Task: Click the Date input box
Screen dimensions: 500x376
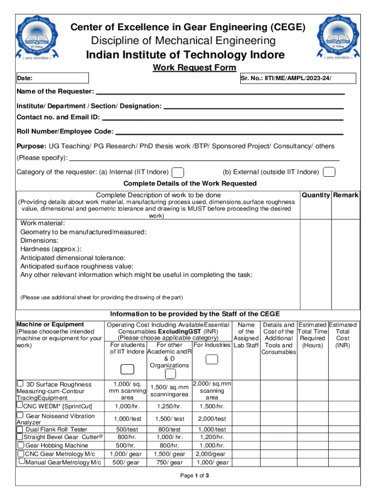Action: point(53,78)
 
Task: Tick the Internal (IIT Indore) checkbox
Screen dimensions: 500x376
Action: point(179,172)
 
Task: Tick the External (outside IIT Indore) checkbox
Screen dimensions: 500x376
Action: point(330,172)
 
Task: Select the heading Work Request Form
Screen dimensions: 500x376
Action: point(194,68)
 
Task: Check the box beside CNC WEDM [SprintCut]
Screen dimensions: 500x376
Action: point(20,405)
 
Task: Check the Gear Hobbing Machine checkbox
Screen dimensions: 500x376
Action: point(21,445)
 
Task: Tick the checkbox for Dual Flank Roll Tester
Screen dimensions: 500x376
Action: point(20,429)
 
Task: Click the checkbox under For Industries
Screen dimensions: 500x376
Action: point(212,359)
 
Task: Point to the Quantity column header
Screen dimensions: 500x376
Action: point(316,195)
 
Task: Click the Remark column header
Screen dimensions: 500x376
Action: point(346,195)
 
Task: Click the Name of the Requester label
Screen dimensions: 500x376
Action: point(55,92)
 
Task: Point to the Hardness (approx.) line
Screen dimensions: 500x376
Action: point(51,249)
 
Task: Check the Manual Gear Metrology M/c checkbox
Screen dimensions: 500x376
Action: point(21,461)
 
